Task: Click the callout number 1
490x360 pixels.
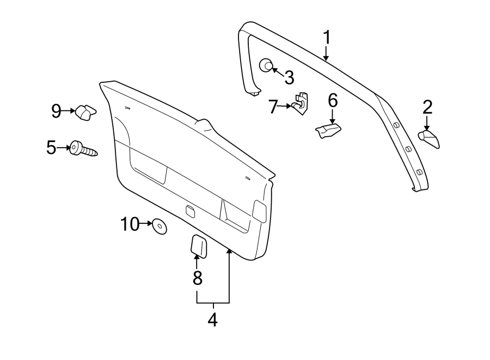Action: click(327, 38)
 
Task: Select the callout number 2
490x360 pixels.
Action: click(427, 106)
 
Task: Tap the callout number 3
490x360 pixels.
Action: click(289, 77)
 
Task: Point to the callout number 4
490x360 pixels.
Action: click(212, 320)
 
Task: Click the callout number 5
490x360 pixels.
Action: click(51, 147)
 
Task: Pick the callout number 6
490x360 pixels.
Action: click(333, 101)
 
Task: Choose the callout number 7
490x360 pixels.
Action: click(273, 106)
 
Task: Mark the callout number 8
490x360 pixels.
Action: click(197, 278)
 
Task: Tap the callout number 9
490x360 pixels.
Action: click(57, 111)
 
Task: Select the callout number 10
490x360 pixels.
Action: click(130, 223)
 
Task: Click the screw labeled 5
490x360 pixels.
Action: click(83, 149)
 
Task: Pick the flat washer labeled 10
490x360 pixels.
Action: click(160, 225)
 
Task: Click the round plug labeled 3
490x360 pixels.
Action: click(266, 65)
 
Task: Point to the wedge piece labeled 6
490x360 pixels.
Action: click(328, 130)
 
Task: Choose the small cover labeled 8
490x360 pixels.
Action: click(198, 246)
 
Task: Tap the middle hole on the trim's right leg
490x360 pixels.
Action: click(408, 149)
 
